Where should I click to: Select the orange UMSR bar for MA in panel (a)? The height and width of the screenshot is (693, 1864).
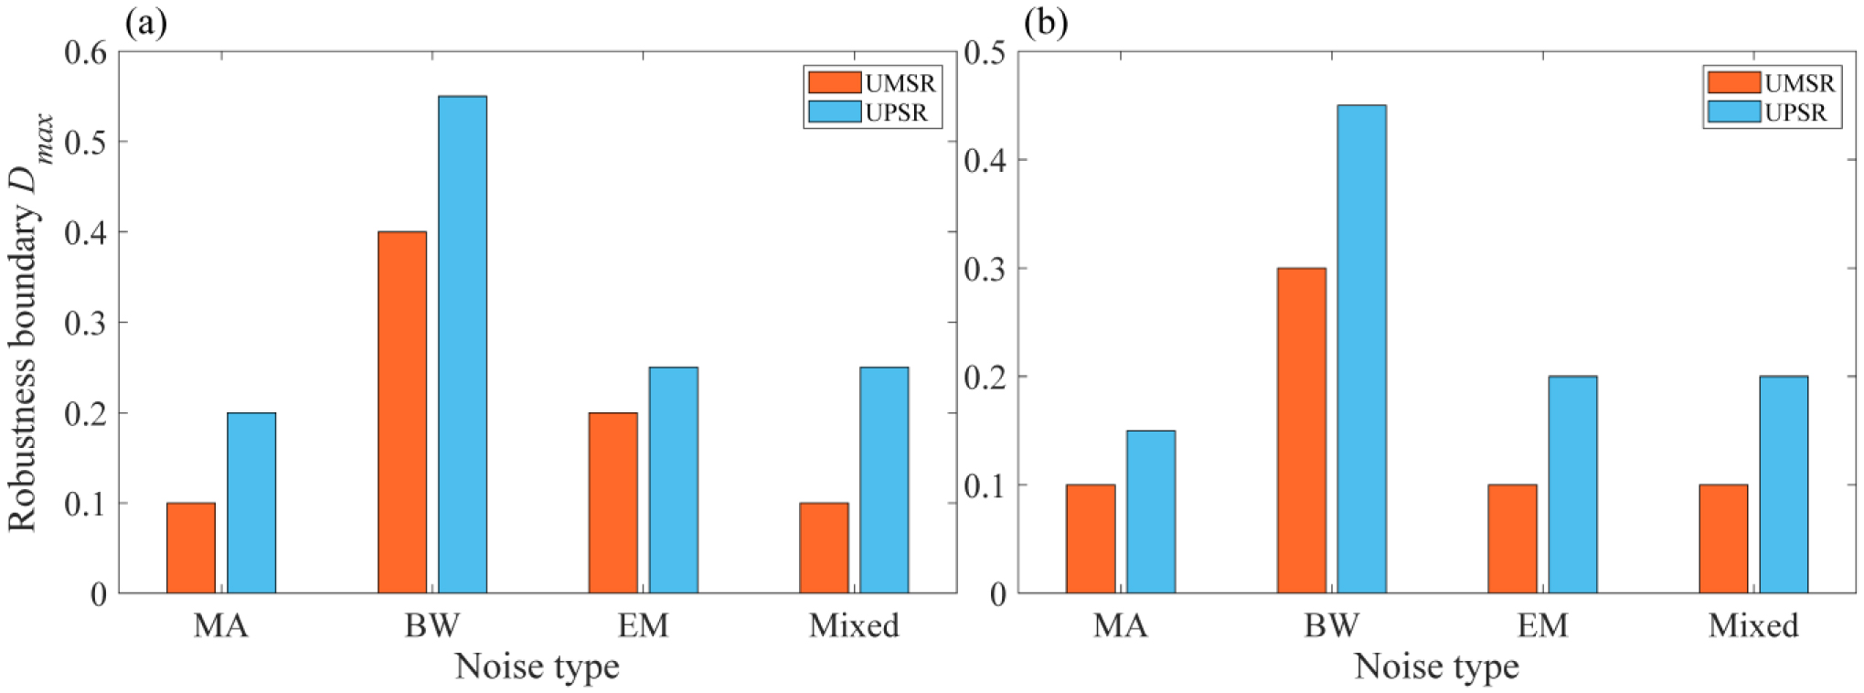[x=191, y=548]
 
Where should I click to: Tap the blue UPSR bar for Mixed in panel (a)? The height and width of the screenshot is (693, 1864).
[x=884, y=480]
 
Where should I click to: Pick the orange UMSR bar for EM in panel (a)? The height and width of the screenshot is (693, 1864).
[x=612, y=503]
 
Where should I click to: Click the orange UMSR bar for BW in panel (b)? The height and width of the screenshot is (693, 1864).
[x=1301, y=431]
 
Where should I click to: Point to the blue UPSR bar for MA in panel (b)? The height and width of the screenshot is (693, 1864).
[x=1150, y=512]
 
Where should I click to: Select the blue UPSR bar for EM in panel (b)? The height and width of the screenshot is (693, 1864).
[x=1572, y=485]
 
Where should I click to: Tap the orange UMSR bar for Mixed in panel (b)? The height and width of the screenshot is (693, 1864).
[x=1723, y=538]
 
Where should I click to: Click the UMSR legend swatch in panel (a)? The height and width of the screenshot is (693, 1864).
[x=834, y=83]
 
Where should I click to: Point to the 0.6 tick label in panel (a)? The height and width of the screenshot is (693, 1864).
[x=85, y=52]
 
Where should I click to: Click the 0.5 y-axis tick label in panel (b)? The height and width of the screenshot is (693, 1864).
[x=985, y=52]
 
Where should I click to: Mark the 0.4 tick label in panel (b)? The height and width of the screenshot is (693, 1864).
[x=985, y=161]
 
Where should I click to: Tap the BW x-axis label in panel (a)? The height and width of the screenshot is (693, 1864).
[x=432, y=625]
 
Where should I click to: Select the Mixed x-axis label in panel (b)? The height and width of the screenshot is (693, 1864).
[x=1753, y=625]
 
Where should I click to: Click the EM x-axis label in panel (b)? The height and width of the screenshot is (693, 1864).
[x=1542, y=625]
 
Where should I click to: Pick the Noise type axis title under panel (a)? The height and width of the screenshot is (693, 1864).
[x=538, y=666]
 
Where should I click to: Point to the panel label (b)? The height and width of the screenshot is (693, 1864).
[x=1046, y=23]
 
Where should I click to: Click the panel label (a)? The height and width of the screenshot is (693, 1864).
[x=146, y=23]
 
